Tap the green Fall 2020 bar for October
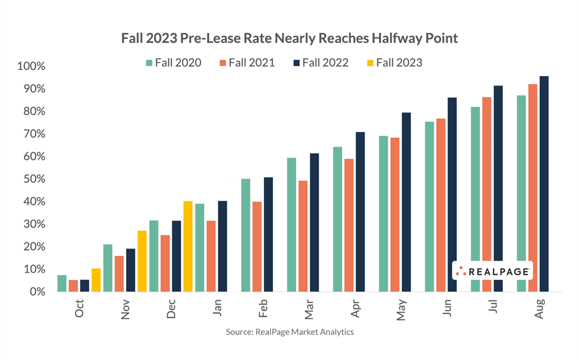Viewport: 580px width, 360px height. (62, 283)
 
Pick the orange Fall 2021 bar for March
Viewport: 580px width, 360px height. (303, 236)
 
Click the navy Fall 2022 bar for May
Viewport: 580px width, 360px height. (406, 202)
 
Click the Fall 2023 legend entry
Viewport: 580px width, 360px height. (392, 63)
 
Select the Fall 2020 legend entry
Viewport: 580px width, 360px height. (173, 63)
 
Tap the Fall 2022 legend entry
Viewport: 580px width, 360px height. (318, 63)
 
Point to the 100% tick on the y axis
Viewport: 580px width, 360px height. (31, 67)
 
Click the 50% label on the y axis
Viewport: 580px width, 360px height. (33, 179)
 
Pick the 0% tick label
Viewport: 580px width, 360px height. (36, 292)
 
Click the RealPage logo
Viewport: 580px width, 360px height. (492, 271)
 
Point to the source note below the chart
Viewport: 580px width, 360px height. (289, 332)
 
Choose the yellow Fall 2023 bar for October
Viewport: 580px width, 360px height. (96, 280)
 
